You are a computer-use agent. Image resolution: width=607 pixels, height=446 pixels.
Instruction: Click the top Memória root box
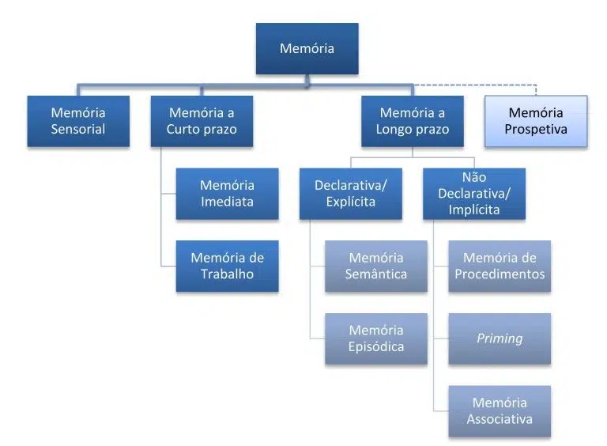coord(307,49)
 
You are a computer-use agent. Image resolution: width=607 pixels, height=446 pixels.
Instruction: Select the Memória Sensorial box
coord(78,121)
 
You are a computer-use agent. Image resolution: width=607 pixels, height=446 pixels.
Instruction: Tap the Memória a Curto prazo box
coord(202,121)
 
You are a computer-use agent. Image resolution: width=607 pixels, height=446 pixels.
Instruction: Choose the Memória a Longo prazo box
coord(413,121)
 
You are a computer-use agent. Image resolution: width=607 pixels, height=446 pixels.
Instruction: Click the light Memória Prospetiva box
coord(537,121)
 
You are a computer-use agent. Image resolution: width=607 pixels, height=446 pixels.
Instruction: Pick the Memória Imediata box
coord(227,193)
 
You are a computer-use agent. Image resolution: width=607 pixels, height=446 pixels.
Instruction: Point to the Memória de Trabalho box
coord(227,266)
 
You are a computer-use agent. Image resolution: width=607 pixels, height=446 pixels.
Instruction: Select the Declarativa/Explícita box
coord(351,193)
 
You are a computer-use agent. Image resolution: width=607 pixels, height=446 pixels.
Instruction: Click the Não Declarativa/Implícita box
coord(474,193)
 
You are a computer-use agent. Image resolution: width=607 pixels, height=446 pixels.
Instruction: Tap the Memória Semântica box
coord(376,266)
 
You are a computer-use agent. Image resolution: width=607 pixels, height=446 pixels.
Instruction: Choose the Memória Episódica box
coord(376,338)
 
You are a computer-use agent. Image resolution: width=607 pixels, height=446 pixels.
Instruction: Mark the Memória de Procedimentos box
coord(500,266)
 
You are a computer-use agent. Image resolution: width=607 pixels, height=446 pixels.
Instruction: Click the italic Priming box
coord(500,338)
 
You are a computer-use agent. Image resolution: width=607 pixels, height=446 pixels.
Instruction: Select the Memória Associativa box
coord(500,411)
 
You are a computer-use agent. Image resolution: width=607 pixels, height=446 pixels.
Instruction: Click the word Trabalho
coord(227,274)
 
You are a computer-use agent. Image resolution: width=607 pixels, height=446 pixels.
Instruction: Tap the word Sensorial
coord(78,130)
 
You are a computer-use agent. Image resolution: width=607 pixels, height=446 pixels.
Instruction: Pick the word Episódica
coord(376,347)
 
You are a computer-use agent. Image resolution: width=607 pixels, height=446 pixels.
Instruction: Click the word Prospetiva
coord(537,130)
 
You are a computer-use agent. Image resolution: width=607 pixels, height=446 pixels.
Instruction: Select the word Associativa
coord(500,420)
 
